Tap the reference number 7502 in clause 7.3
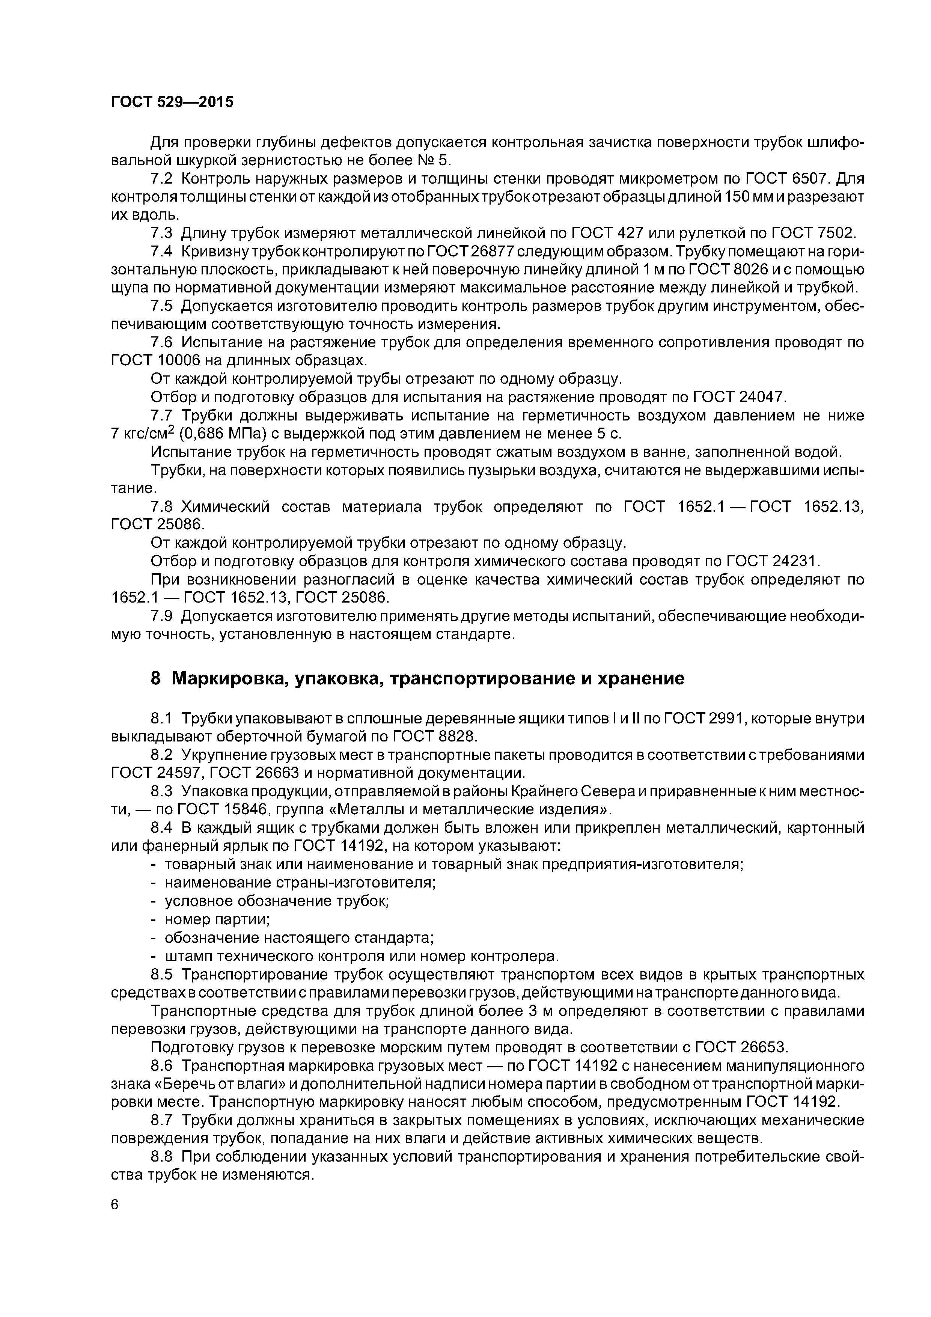pyautogui.click(x=835, y=234)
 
